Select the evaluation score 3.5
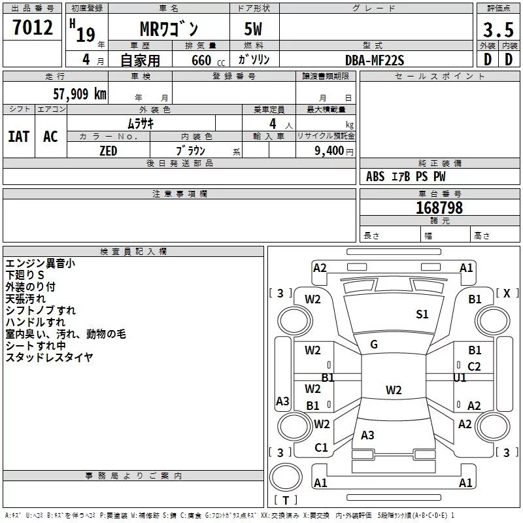(x=498, y=30)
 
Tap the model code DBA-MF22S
(x=375, y=60)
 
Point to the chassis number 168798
(x=439, y=208)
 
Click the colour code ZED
(x=108, y=151)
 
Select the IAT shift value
(x=19, y=137)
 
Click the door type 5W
(x=254, y=30)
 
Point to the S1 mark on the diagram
(x=422, y=314)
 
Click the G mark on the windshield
(x=374, y=345)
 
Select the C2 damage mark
(x=475, y=367)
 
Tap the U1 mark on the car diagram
(x=460, y=377)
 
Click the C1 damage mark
(x=321, y=448)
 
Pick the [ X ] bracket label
(x=507, y=294)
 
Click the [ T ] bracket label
(x=286, y=501)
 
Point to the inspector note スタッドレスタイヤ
(x=49, y=358)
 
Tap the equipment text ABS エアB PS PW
(x=406, y=177)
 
